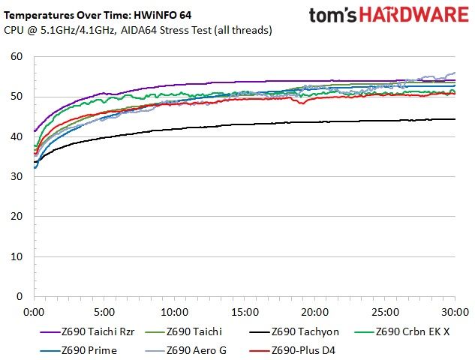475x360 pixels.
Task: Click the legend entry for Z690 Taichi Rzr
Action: point(87,331)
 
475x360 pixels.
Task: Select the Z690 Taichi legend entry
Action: point(184,331)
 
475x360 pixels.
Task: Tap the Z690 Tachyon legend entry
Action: point(294,331)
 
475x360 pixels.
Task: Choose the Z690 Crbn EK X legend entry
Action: point(402,331)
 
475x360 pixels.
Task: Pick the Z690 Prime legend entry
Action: point(79,350)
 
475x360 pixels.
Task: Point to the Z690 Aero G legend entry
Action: point(185,350)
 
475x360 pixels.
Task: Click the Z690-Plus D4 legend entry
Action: point(293,350)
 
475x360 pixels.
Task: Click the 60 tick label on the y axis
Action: point(17,56)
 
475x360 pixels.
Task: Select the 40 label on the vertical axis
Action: point(17,136)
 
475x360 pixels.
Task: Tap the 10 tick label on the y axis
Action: point(17,256)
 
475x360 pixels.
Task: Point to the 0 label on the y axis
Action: point(20,296)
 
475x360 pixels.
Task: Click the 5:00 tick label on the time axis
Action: point(104,312)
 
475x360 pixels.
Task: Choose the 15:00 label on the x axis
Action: point(245,312)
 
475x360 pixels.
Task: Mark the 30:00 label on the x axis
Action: point(455,312)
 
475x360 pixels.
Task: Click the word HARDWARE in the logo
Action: point(413,15)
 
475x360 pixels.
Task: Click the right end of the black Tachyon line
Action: point(455,119)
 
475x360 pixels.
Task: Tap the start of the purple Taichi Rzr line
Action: point(35,131)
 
